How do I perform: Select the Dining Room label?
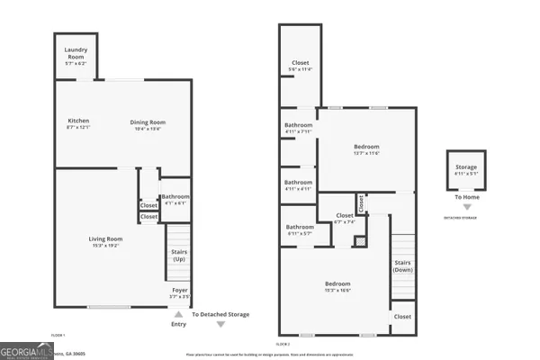148,123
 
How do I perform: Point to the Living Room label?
105,240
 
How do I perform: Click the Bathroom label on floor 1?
175,198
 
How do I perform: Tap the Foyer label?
179,291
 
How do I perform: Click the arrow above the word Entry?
178,314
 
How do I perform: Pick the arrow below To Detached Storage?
220,325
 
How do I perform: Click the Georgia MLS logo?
25,347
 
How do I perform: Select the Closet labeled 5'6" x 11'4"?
300,66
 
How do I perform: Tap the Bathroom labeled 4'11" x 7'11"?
298,127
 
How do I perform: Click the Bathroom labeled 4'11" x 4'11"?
298,184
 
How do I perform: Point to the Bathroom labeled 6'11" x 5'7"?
300,229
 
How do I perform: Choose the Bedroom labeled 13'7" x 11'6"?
366,148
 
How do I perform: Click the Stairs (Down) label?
402,265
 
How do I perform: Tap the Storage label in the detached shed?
465,168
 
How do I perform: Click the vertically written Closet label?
361,203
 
